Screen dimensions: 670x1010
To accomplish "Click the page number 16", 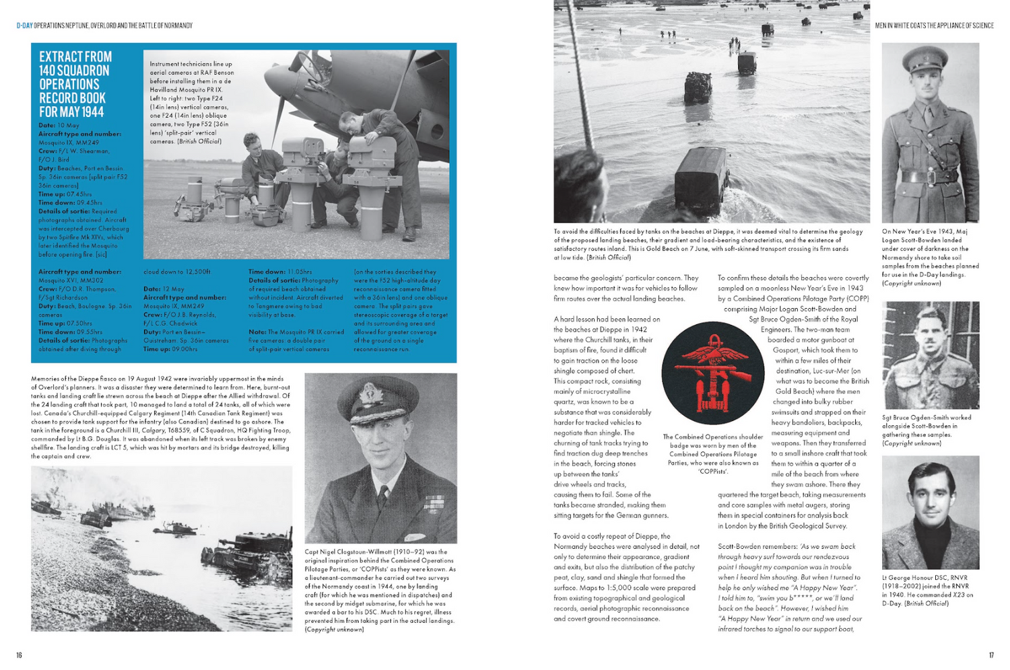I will click(x=19, y=655).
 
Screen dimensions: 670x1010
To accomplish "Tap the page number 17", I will click(x=991, y=655).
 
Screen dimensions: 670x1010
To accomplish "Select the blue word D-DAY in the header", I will click(x=24, y=26).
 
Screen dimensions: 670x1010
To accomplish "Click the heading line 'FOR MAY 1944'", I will click(x=71, y=112).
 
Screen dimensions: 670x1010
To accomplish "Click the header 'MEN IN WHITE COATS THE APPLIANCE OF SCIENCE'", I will click(x=934, y=26).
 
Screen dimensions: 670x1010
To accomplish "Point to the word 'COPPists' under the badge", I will click(x=712, y=472).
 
